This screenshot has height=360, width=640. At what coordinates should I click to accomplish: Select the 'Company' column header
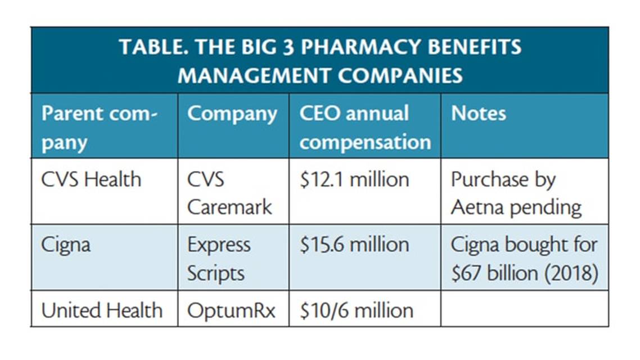232,114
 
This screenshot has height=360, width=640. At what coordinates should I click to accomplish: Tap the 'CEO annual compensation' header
364,127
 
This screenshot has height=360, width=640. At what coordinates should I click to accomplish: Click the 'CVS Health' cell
91,180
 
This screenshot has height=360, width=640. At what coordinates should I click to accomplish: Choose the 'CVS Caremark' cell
229,193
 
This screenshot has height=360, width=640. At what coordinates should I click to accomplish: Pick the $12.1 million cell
354,180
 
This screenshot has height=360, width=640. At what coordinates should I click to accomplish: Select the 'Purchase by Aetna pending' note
516,193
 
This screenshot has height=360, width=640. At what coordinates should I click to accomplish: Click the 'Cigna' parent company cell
65,245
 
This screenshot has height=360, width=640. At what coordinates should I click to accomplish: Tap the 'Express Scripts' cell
219,259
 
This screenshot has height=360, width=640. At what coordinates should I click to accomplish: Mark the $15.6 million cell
354,245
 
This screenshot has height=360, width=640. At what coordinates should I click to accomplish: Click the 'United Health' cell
102,310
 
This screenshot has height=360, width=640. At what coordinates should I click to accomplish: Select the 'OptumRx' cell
231,310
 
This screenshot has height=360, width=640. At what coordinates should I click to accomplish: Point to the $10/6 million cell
356,310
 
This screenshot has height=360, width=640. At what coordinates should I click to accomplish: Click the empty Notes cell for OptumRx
524,309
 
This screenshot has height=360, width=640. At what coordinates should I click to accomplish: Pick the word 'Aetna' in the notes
478,207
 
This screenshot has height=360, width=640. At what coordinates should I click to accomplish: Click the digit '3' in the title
288,47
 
